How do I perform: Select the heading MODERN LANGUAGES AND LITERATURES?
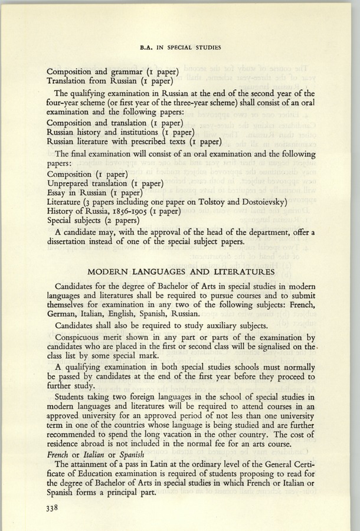[x=180, y=272]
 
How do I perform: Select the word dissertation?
[x=71, y=243]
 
